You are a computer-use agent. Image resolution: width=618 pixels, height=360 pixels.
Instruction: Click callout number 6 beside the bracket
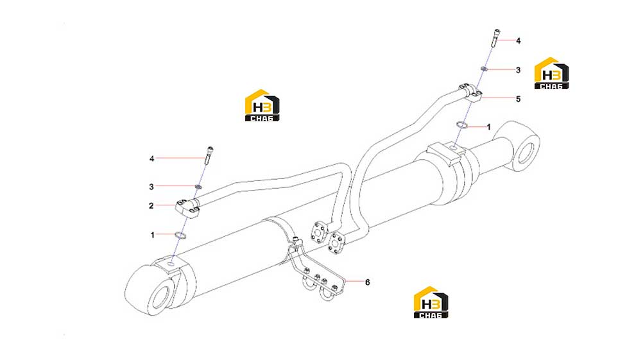tap(367, 282)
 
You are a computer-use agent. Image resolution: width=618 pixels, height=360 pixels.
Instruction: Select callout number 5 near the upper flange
tap(519, 99)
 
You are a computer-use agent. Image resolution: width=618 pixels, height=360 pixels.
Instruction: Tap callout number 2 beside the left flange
tap(151, 206)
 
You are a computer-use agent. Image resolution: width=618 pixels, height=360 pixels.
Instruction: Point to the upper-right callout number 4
tap(519, 40)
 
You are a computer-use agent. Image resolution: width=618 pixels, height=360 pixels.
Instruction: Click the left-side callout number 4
tap(151, 159)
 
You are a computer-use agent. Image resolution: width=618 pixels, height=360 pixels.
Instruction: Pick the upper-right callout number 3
tap(519, 70)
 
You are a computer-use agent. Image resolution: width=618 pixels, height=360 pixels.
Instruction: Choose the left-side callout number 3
tap(151, 187)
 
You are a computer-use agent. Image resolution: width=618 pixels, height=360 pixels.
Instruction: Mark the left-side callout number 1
tap(153, 236)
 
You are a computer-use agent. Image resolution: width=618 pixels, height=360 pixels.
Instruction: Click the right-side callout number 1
tap(489, 127)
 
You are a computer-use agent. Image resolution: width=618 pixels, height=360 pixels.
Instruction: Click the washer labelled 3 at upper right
tap(484, 69)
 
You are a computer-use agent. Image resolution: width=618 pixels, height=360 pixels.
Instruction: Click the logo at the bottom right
tap(431, 302)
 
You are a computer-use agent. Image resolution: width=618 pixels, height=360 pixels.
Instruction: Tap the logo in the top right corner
tap(551, 73)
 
